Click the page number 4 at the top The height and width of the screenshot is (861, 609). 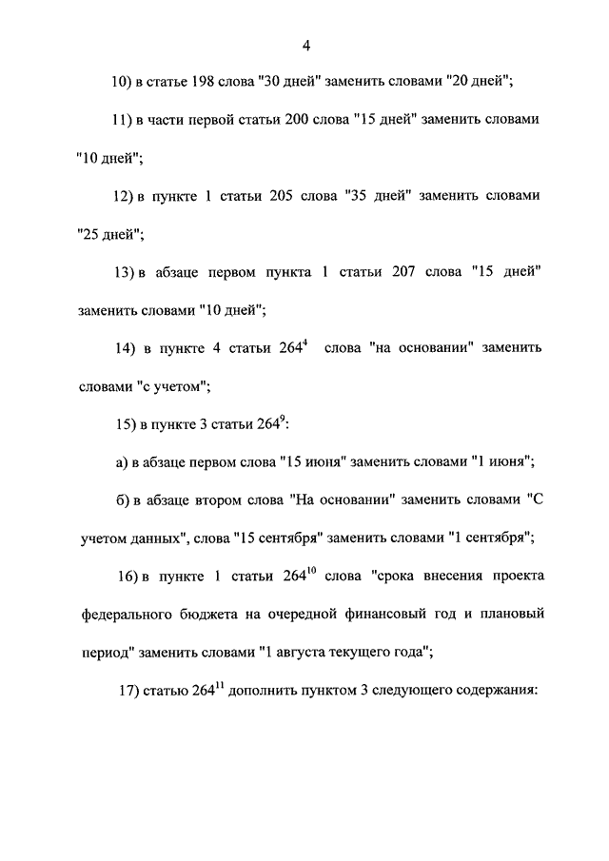(305, 45)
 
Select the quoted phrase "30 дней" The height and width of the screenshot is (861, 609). (287, 83)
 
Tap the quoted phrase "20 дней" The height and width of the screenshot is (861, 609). (480, 83)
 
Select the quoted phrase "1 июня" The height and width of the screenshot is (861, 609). (501, 461)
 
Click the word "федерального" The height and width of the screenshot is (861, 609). (128, 615)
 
